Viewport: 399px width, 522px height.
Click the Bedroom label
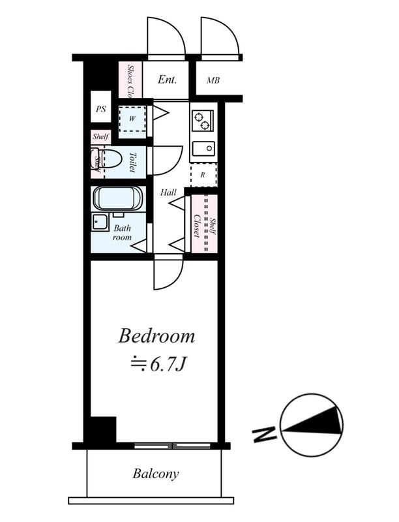[x=156, y=336]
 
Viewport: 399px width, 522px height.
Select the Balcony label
[x=156, y=474]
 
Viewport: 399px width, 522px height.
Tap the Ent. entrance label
[x=168, y=80]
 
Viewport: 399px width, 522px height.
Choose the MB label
[x=213, y=80]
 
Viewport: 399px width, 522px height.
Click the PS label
[x=101, y=109]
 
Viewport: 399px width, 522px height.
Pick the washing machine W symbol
[x=132, y=119]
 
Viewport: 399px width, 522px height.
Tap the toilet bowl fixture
[x=109, y=159]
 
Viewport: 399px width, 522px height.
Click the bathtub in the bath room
[x=118, y=198]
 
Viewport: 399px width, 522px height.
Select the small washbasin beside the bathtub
[x=100, y=222]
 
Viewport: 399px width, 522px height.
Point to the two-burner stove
[x=203, y=121]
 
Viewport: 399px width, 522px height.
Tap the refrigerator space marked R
[x=203, y=175]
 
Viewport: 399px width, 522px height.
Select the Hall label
[x=168, y=192]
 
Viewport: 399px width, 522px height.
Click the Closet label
[x=197, y=226]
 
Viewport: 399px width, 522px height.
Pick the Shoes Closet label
[x=130, y=80]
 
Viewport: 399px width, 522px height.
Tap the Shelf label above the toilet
[x=100, y=136]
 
